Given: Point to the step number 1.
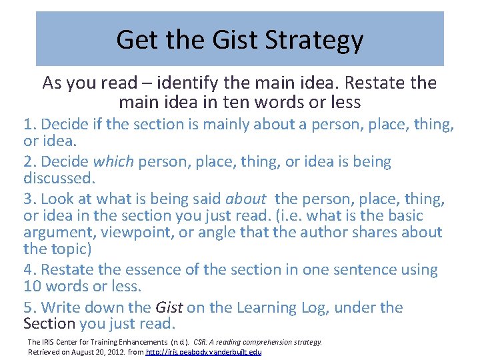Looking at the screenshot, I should (x=28, y=125).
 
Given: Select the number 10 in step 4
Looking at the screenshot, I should (x=32, y=286).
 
